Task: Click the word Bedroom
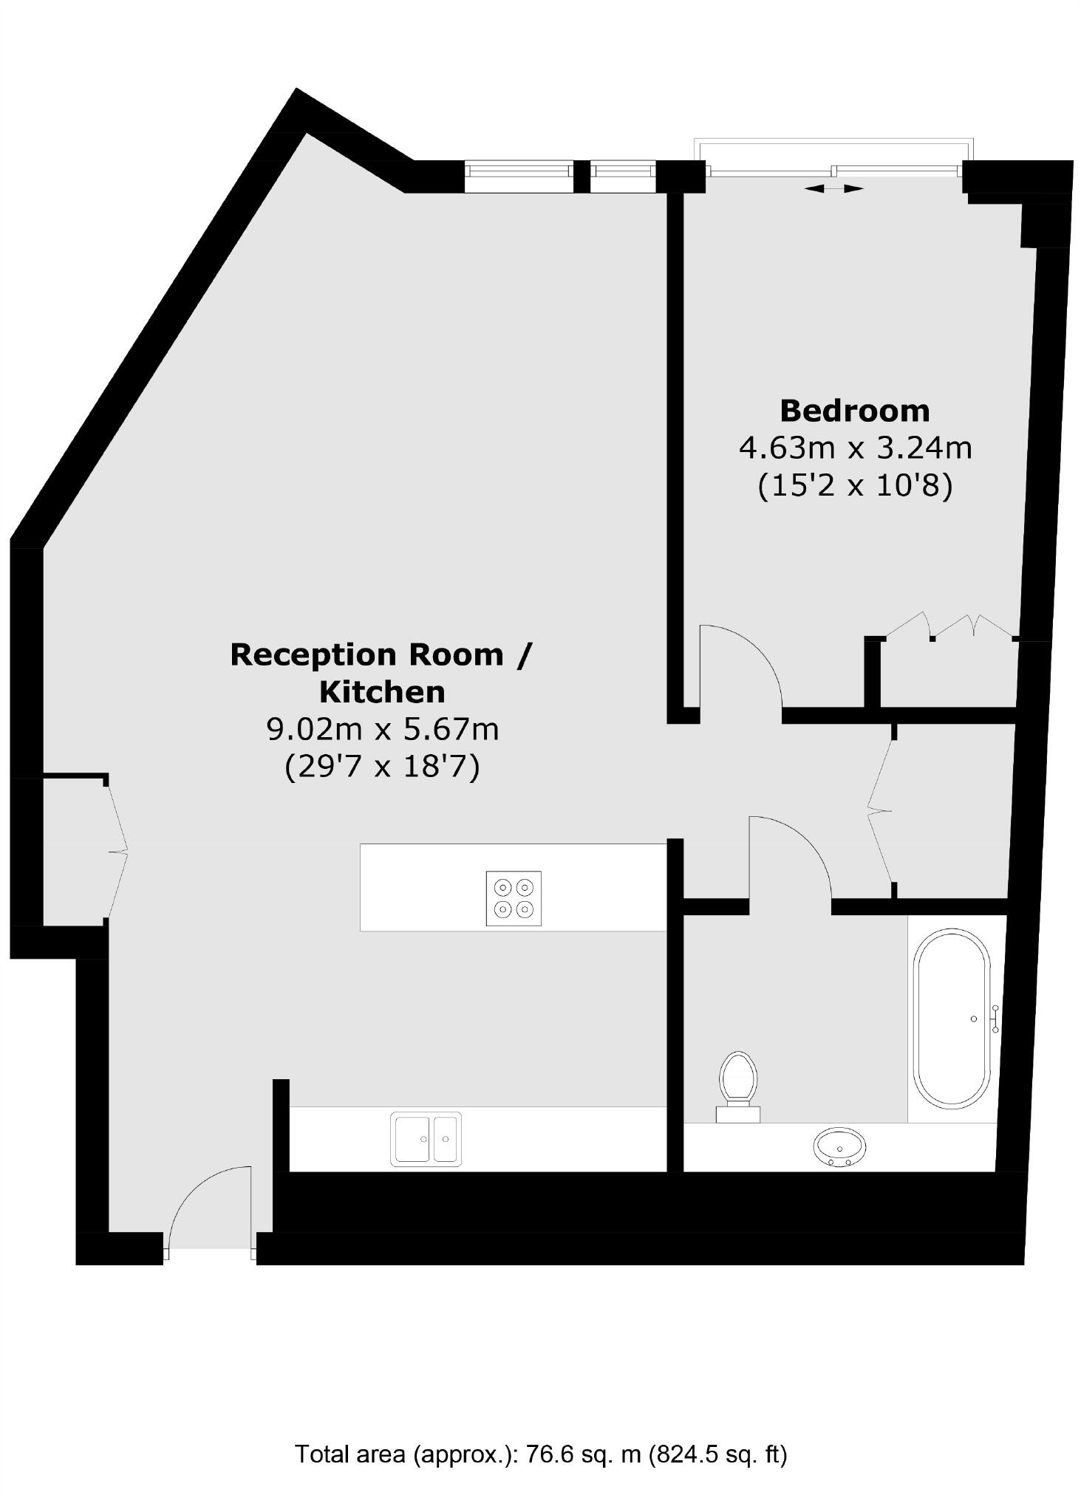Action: click(854, 411)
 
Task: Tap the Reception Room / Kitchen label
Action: click(381, 673)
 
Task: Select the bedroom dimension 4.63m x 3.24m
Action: click(855, 448)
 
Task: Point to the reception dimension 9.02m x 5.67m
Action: click(382, 730)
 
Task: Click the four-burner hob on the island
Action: click(514, 898)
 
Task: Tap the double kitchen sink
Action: click(426, 1138)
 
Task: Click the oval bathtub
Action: click(952, 1019)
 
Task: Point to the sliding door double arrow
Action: click(833, 189)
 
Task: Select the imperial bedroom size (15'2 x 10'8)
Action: click(855, 486)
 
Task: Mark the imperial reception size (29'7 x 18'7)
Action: click(382, 767)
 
